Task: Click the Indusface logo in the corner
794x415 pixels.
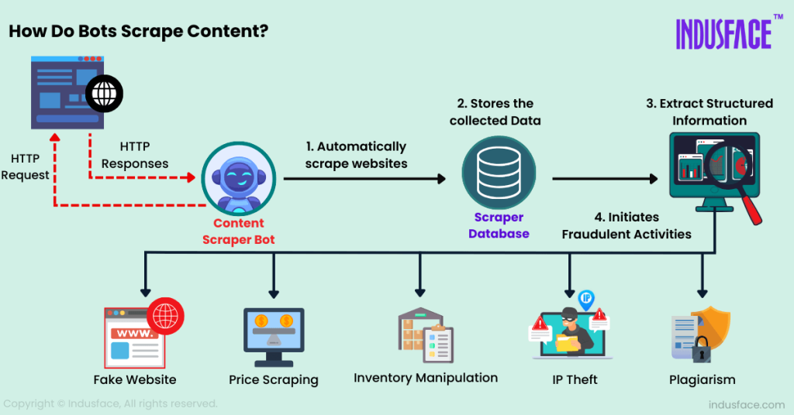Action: coord(723,33)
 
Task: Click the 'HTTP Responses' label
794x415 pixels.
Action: coord(135,155)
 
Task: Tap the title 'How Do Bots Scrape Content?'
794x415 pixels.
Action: coord(138,33)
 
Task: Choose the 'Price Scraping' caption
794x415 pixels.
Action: coord(274,379)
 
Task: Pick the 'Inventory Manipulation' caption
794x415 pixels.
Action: coord(426,378)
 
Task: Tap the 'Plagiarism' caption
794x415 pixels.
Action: coord(702,379)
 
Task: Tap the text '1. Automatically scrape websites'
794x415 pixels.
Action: coord(355,154)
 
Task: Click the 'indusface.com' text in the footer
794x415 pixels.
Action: coord(746,404)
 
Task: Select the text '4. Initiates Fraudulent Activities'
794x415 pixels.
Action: coord(627,225)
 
